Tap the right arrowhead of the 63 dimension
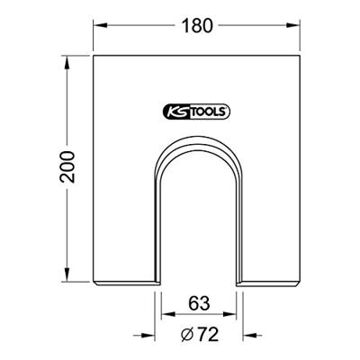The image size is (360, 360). (x=237, y=315)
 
